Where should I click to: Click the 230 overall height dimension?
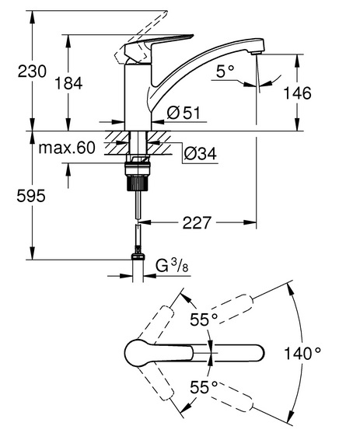click(32, 72)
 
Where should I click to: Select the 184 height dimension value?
click(68, 83)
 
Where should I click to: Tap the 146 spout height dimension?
click(297, 93)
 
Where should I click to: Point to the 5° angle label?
click(225, 72)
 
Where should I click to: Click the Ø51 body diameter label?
click(183, 113)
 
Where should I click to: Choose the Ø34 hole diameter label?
click(200, 153)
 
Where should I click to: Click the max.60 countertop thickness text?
click(67, 148)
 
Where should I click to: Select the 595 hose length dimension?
click(30, 196)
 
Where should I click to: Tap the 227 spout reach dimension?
click(197, 222)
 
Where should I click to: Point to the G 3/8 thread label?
click(173, 266)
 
